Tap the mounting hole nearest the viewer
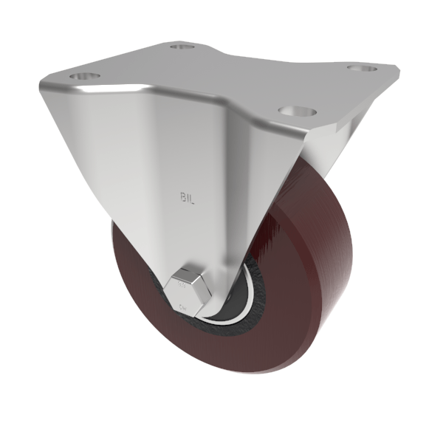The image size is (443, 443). [x=298, y=112]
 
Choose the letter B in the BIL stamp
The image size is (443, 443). [x=183, y=197]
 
